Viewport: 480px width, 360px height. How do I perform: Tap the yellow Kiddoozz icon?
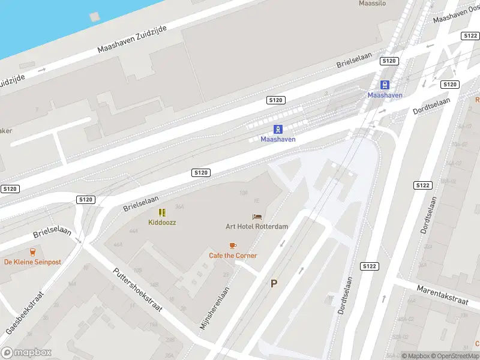click(162, 212)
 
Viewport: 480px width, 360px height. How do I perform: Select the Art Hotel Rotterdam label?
click(257, 226)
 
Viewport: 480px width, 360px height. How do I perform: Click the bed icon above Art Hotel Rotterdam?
click(257, 217)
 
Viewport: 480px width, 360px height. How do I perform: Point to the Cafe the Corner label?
click(233, 256)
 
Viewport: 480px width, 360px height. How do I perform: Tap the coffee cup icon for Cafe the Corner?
click(233, 245)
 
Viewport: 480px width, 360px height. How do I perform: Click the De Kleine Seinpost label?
click(32, 262)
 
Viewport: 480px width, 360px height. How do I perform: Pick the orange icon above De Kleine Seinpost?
click(32, 252)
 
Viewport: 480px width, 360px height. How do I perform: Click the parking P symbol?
click(274, 283)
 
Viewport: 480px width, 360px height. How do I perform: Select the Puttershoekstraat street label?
click(138, 289)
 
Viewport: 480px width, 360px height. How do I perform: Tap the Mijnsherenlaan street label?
click(215, 306)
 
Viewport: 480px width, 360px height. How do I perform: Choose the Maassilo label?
click(372, 3)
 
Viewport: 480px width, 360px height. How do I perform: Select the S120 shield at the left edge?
click(10, 188)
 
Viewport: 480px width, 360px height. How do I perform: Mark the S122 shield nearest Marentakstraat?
click(368, 265)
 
